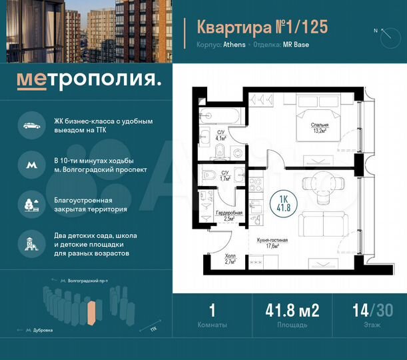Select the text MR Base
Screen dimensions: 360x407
(x=296, y=45)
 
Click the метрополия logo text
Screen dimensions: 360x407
(x=89, y=81)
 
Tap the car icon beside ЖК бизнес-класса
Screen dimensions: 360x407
(x=30, y=125)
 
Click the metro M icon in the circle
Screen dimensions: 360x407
(x=30, y=162)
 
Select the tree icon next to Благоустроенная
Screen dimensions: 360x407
(x=30, y=203)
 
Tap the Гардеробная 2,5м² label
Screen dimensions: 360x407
(x=228, y=215)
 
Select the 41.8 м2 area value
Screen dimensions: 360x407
(x=292, y=311)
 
